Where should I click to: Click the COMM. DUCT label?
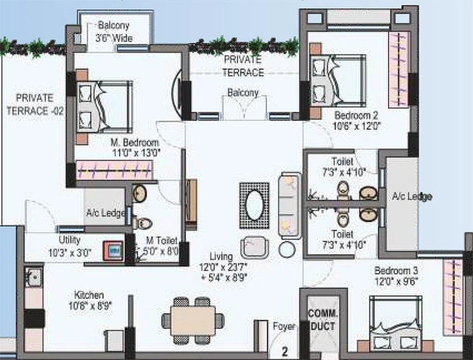pyautogui.click(x=322, y=320)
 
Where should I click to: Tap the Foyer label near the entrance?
pyautogui.click(x=284, y=326)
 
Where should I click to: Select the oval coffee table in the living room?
pyautogui.click(x=254, y=205)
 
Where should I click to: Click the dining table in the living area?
pyautogui.click(x=193, y=321)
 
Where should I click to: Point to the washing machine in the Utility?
pyautogui.click(x=113, y=251)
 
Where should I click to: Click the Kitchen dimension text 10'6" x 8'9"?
pyautogui.click(x=90, y=307)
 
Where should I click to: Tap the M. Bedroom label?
pyautogui.click(x=135, y=142)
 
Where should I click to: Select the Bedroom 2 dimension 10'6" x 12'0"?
pyautogui.click(x=357, y=126)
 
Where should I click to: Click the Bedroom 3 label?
pyautogui.click(x=396, y=270)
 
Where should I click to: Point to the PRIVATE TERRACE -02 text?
pyautogui.click(x=35, y=104)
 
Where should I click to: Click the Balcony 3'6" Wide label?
pyautogui.click(x=114, y=32)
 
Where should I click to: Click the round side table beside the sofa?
pyautogui.click(x=287, y=249)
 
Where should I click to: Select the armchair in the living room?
pyautogui.click(x=254, y=247)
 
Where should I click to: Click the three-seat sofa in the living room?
pyautogui.click(x=290, y=206)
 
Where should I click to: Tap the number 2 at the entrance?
pyautogui.click(x=285, y=352)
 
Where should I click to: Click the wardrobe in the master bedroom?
pyautogui.click(x=114, y=170)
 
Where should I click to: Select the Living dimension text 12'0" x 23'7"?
pyautogui.click(x=223, y=267)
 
